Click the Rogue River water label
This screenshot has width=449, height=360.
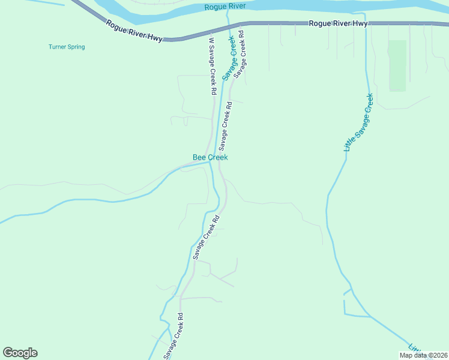225,7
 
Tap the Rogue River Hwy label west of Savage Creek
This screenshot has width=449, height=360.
134,31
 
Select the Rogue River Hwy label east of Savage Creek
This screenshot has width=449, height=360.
338,23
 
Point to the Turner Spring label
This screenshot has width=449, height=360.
67,47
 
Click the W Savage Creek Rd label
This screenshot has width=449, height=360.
212,66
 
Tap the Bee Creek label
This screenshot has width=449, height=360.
210,157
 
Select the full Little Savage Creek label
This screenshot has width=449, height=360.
358,122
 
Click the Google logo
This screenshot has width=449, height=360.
20,353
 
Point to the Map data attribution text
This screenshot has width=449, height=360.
423,355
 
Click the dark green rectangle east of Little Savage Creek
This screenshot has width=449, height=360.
397,65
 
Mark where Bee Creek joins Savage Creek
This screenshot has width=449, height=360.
209,161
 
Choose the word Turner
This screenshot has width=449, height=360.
58,47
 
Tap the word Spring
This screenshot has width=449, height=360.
76,47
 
